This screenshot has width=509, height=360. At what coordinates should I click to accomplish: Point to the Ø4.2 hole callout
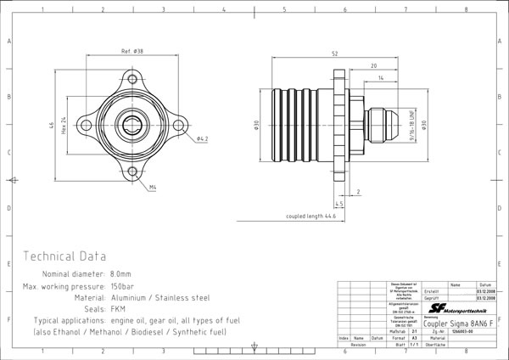click(x=202, y=138)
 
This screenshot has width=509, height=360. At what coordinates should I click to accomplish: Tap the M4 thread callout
click(x=153, y=186)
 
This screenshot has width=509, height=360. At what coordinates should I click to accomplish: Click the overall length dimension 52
click(x=335, y=53)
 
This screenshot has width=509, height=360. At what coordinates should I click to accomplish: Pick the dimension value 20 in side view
click(x=373, y=65)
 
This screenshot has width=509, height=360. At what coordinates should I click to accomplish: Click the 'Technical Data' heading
click(x=65, y=256)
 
